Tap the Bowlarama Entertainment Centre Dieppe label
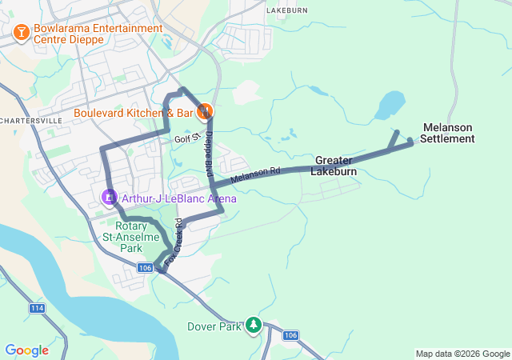pyautogui.click(x=98, y=34)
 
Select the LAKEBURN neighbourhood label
pyautogui.click(x=287, y=10)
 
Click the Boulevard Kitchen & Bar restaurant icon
pyautogui.click(x=205, y=112)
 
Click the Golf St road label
pyautogui.click(x=186, y=138)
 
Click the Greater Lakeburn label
pyautogui.click(x=333, y=166)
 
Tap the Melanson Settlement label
pyautogui.click(x=448, y=133)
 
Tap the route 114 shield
pyautogui.click(x=37, y=308)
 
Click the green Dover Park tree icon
pyautogui.click(x=254, y=324)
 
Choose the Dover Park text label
pyautogui.click(x=213, y=326)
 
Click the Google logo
pyautogui.click(x=26, y=350)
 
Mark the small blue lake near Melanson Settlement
pyautogui.click(x=390, y=104)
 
